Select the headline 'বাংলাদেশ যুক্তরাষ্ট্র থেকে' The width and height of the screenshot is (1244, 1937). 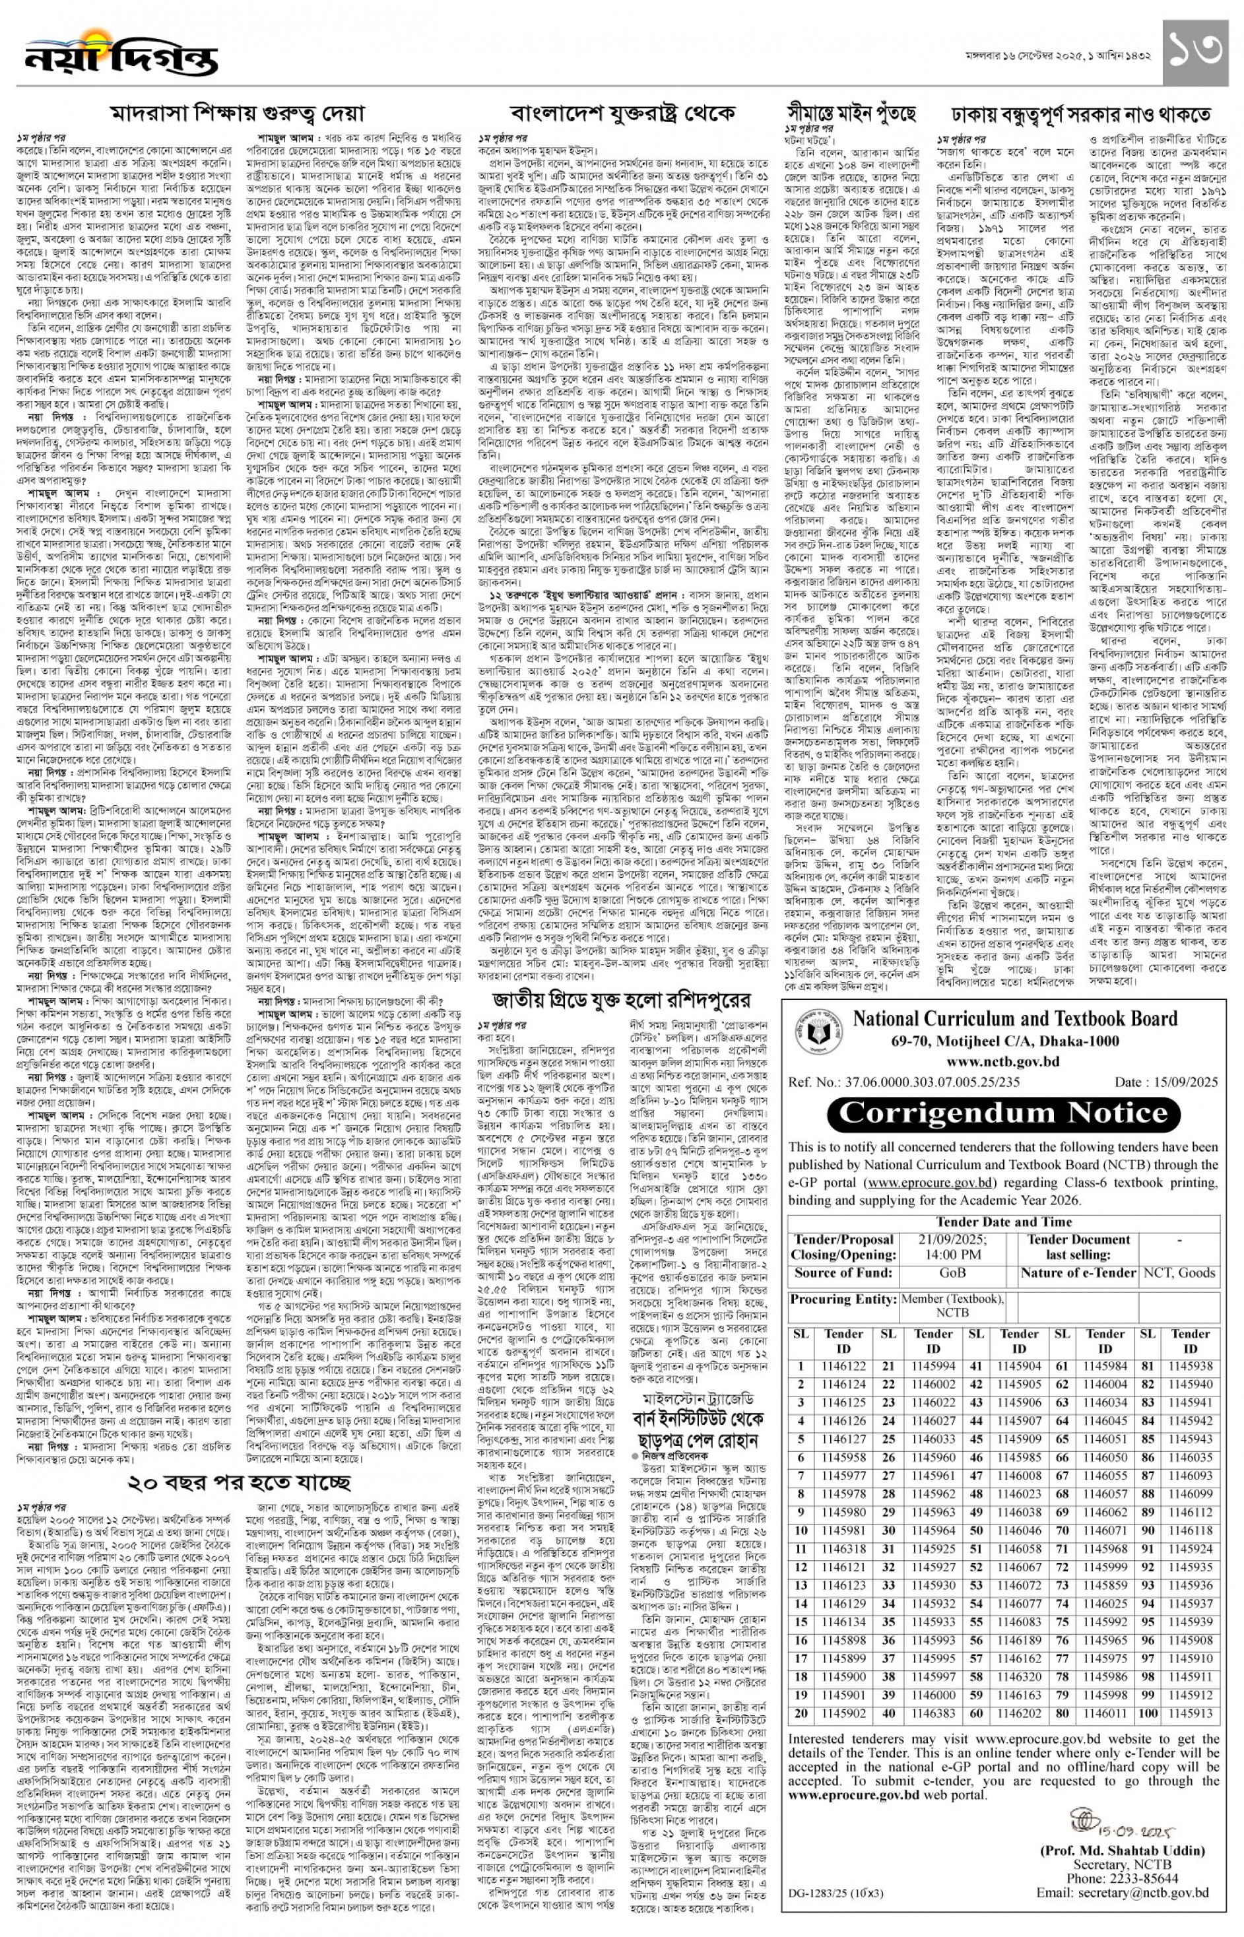tap(622, 113)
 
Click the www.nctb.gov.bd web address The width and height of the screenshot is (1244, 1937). tap(1002, 1061)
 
